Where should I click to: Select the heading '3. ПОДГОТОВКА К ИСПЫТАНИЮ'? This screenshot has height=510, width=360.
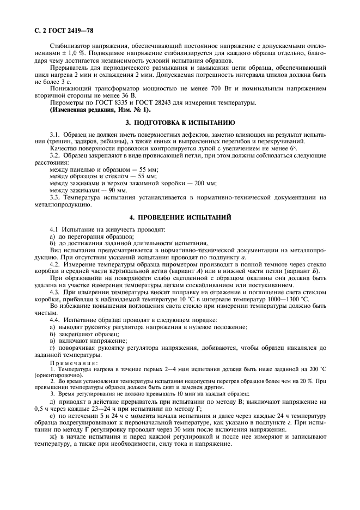[x=180, y=123]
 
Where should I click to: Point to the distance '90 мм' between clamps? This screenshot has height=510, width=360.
[x=117, y=191]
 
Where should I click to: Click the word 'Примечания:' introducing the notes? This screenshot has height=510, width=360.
[x=74, y=362]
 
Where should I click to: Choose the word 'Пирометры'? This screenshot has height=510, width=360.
[x=66, y=102]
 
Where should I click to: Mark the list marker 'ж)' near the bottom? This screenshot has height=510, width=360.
[x=53, y=436]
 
